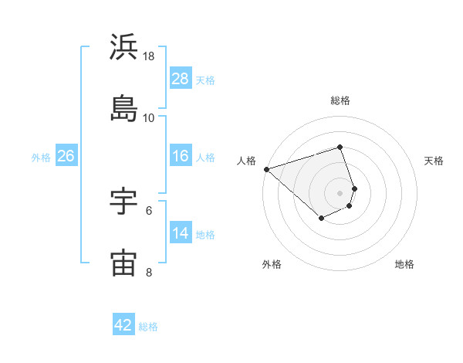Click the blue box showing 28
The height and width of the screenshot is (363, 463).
pos(181,79)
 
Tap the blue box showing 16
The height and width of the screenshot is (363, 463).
pos(181,156)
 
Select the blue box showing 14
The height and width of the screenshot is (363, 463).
pos(181,233)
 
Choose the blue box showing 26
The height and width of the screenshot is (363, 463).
pos(66,156)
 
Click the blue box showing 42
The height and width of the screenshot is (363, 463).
pos(123,325)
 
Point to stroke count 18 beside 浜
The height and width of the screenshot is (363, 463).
pos(149,57)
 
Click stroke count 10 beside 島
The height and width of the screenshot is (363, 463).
pos(149,118)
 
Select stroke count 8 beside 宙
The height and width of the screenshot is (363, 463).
pos(149,272)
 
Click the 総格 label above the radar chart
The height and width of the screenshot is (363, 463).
pos(340,100)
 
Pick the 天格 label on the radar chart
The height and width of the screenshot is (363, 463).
pos(434,161)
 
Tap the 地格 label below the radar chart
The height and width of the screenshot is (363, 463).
pos(404,264)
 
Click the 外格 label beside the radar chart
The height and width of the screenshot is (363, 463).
pos(272,264)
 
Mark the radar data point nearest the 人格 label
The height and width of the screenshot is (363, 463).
pos(266,169)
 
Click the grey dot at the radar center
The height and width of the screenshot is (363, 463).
pos(340,192)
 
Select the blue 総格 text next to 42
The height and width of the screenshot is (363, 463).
pos(148,326)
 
